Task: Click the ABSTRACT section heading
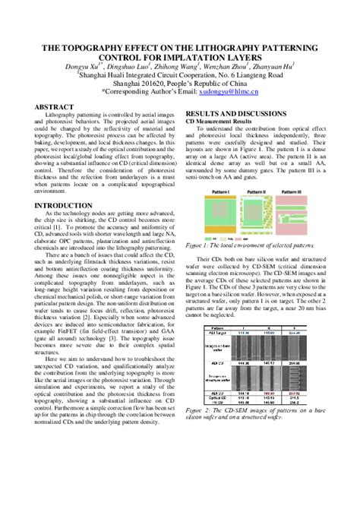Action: (x=58, y=107)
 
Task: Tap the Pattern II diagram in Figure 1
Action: (x=256, y=213)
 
